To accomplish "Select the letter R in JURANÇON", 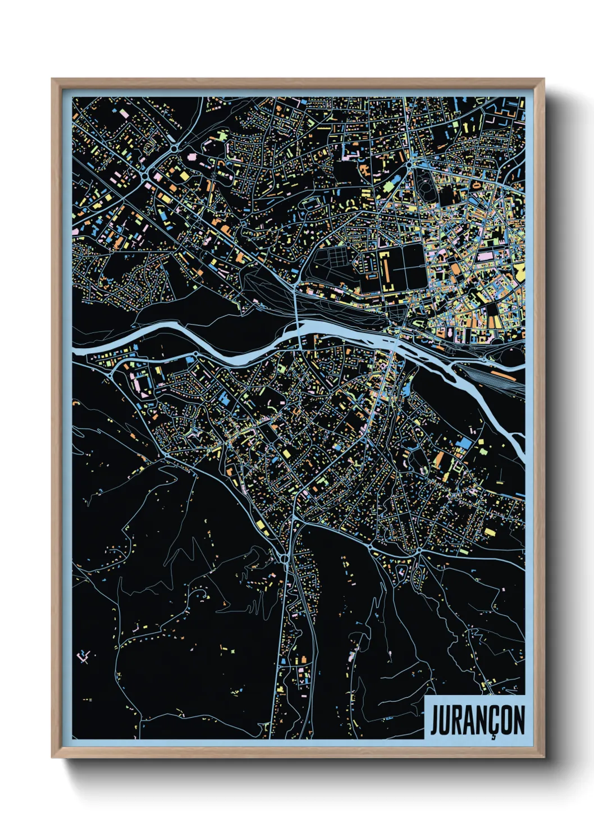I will coord(460,720).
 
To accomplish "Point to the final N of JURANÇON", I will coord(518,720).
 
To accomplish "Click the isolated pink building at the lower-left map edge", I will coord(84,655).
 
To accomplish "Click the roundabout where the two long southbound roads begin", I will coord(285,558).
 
